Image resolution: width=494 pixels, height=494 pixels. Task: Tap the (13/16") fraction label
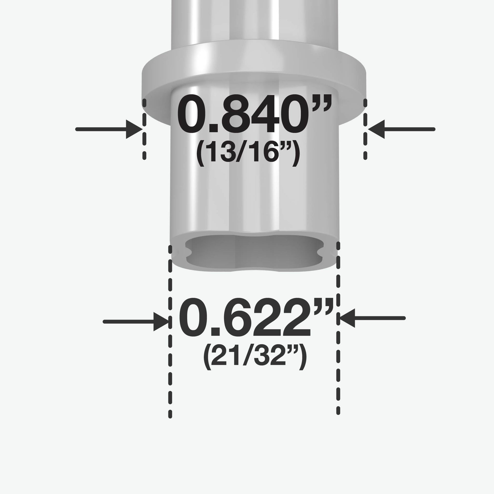point(248,153)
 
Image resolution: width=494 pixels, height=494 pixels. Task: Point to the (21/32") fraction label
point(255,356)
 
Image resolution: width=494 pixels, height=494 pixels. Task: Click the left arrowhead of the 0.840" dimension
point(134,129)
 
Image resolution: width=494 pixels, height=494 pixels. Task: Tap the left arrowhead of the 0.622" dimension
point(161,322)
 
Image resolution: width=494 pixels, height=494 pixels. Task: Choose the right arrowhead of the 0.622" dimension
point(347,318)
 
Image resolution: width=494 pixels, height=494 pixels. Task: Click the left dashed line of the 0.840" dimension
point(144,129)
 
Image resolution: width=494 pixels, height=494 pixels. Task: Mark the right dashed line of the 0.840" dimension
point(365,129)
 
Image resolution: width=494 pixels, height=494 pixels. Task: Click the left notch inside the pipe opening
point(189,253)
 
